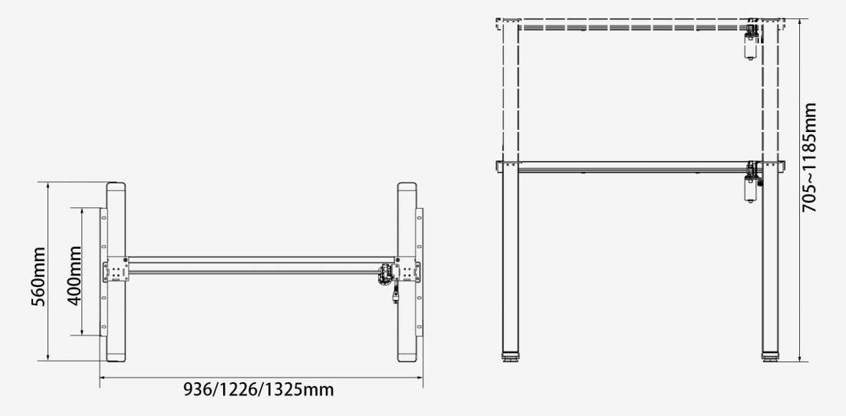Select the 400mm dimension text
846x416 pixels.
75,276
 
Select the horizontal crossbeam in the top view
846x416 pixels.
253,265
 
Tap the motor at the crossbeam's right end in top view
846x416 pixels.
384,272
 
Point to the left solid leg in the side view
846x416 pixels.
509,261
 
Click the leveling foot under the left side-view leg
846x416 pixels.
509,356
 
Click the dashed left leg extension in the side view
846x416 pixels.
509,92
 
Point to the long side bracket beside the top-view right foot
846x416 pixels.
419,272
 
